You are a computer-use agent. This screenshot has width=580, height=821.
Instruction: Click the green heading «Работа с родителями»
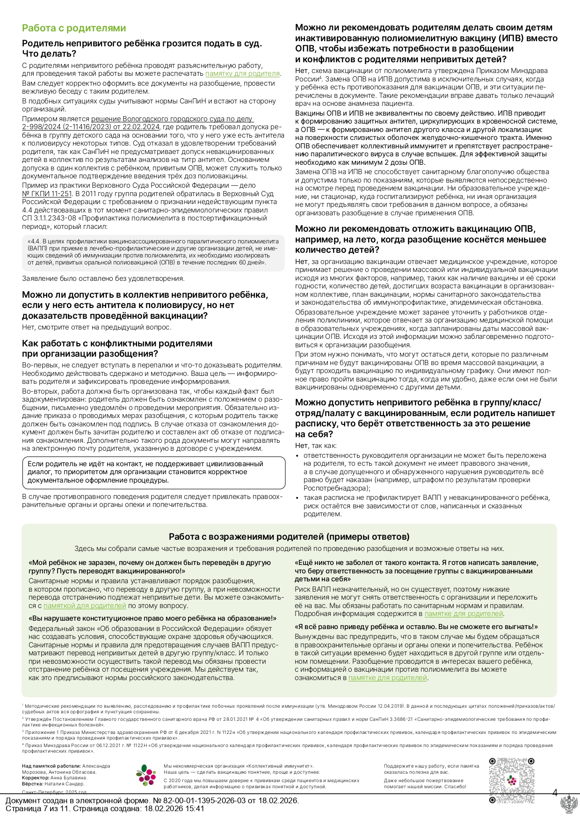[x=74, y=28]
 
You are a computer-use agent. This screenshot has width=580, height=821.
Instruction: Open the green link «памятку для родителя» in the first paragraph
[x=242, y=73]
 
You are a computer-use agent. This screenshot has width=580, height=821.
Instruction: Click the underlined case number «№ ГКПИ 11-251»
[x=47, y=194]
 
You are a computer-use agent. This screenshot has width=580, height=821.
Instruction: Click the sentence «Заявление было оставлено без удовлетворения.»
[x=103, y=279]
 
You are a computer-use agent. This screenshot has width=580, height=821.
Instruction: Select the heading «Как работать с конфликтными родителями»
[x=117, y=343]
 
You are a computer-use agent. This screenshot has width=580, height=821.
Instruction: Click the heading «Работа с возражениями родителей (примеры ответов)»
[x=289, y=536]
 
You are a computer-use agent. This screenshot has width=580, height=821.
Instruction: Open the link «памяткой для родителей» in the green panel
[x=85, y=606]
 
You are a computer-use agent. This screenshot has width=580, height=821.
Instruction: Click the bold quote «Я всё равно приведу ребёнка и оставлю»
[x=416, y=626]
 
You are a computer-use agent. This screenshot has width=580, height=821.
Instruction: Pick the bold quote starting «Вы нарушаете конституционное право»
[x=152, y=618]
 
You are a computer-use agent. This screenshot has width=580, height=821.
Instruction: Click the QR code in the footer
[x=512, y=780]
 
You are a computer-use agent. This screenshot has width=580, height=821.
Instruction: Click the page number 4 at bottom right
[x=555, y=792]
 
